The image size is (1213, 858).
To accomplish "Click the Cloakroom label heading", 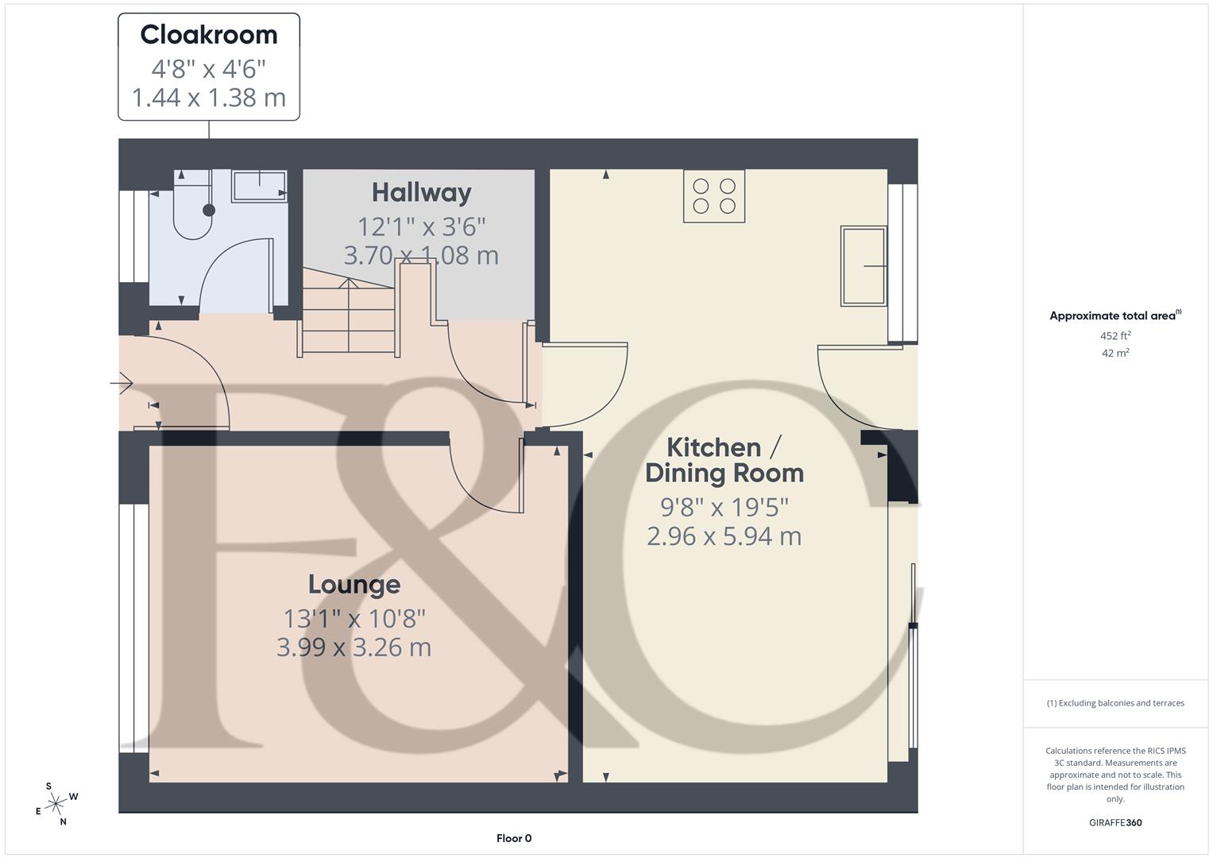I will (x=209, y=35).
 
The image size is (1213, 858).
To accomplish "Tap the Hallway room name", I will (x=421, y=192).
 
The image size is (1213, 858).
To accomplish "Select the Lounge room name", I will (x=353, y=585).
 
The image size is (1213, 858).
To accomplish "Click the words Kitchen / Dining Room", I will (x=724, y=460).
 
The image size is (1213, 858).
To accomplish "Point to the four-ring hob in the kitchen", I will (x=714, y=196).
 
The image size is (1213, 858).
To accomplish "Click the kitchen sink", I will (x=863, y=265).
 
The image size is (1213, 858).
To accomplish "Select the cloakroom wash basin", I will (x=259, y=187).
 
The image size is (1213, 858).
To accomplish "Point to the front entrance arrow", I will (x=122, y=385).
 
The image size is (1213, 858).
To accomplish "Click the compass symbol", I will (x=56, y=804).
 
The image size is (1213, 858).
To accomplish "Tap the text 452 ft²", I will (x=1115, y=336).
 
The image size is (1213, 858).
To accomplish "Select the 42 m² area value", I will (x=1115, y=354).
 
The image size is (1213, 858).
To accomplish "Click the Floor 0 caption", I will (x=514, y=838).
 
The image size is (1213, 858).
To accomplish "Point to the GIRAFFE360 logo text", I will (x=1115, y=823).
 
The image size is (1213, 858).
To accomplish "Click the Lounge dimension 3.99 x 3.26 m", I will (x=353, y=647).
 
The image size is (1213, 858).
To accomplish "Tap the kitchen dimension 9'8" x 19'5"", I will (x=724, y=506).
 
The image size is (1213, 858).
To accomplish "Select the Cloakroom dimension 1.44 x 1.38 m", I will (x=209, y=98).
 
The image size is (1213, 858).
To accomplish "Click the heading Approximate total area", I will (x=1114, y=315).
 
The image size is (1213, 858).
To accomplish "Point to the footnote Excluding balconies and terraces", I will (x=1115, y=703).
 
